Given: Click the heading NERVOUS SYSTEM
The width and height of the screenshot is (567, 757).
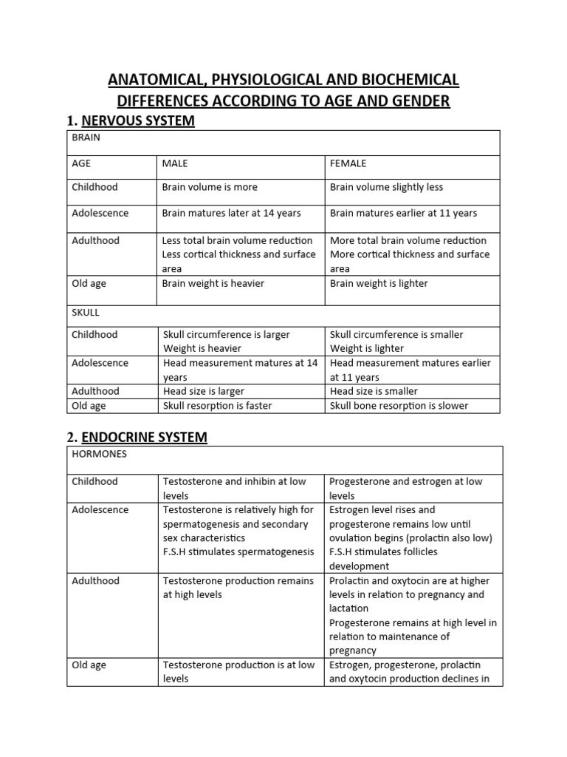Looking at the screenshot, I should pyautogui.click(x=137, y=120).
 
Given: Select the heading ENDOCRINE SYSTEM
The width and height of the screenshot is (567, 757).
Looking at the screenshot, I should pyautogui.click(x=144, y=437).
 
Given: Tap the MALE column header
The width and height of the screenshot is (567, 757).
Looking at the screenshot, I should pyautogui.click(x=175, y=163).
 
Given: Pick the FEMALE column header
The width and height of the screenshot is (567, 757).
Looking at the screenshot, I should pyautogui.click(x=348, y=163).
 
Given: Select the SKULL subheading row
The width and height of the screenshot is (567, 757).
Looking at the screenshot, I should pyautogui.click(x=85, y=313).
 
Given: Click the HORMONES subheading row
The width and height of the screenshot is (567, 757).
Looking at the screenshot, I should pyautogui.click(x=99, y=454).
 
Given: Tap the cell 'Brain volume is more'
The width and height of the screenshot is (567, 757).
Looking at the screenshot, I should pyautogui.click(x=210, y=187).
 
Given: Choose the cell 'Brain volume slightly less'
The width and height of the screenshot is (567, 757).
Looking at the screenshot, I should pyautogui.click(x=386, y=187).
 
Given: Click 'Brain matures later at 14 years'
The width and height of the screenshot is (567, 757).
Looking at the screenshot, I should pyautogui.click(x=231, y=213).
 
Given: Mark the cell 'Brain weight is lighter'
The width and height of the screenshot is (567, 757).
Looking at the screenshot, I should pyautogui.click(x=378, y=283).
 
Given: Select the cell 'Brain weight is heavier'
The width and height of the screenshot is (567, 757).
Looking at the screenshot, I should pyautogui.click(x=213, y=283).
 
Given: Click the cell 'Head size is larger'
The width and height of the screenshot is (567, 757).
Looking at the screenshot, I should pyautogui.click(x=203, y=391).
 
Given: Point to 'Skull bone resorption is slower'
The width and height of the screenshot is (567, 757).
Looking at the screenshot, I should pyautogui.click(x=399, y=405).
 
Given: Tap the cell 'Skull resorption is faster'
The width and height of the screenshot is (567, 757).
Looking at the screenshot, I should pyautogui.click(x=217, y=405).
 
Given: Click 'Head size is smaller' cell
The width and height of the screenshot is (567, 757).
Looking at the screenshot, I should pyautogui.click(x=374, y=391).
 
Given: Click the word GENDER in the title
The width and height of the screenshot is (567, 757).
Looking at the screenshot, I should pyautogui.click(x=419, y=101).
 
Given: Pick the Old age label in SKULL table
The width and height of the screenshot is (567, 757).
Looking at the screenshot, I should pyautogui.click(x=89, y=405).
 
